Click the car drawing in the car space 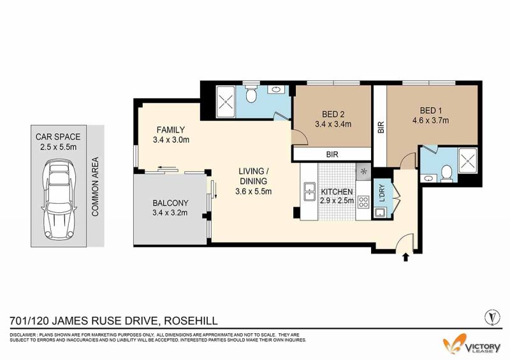[x=59, y=199]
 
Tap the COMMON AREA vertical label [x=95, y=187]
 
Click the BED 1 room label [x=431, y=111]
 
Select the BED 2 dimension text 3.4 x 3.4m [x=333, y=124]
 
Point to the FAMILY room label [x=171, y=130]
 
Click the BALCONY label [x=170, y=203]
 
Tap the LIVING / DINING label [x=253, y=176]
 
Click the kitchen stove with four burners [x=363, y=202]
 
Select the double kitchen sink [x=309, y=192]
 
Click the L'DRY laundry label [x=382, y=193]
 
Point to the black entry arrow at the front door [x=405, y=257]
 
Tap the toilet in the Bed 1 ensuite [x=447, y=173]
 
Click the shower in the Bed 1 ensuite [x=468, y=161]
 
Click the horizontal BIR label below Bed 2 [x=332, y=154]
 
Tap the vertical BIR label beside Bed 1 [x=381, y=127]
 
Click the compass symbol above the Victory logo [x=492, y=317]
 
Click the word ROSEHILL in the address [x=191, y=321]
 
